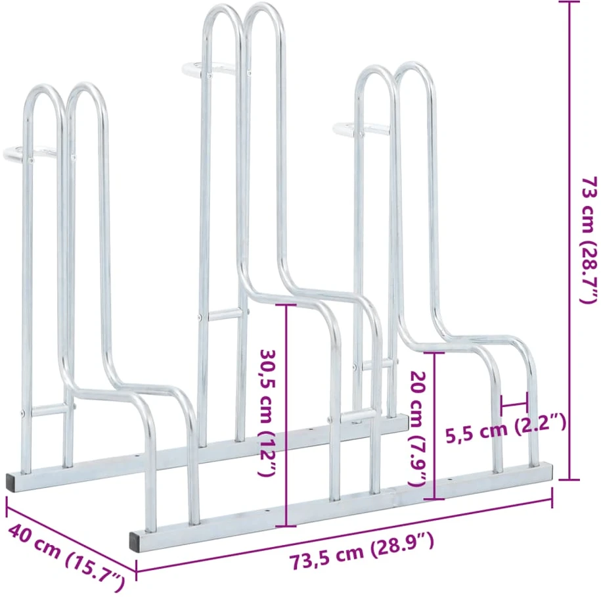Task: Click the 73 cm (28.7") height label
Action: (589, 240)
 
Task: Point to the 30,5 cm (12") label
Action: (268, 413)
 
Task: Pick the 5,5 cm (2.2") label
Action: (506, 428)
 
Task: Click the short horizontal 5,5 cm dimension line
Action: (514, 404)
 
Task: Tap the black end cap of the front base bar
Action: (135, 542)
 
